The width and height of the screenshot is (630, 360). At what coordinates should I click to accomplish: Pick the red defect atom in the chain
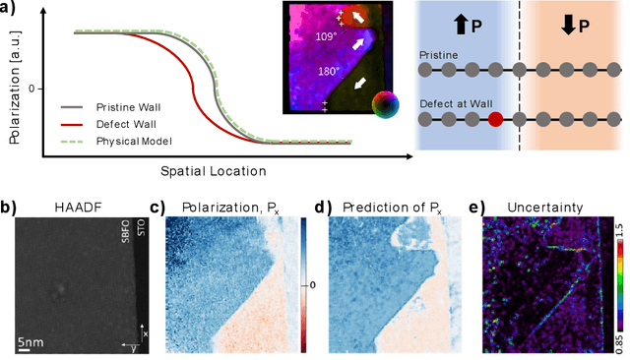coord(495,120)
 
